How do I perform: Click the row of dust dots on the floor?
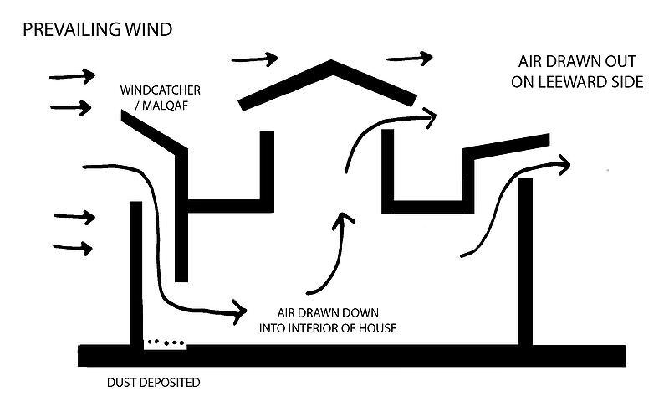166,342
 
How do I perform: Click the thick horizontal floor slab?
351,355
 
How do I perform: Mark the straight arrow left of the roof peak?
254,59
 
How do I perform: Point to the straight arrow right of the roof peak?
410,59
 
